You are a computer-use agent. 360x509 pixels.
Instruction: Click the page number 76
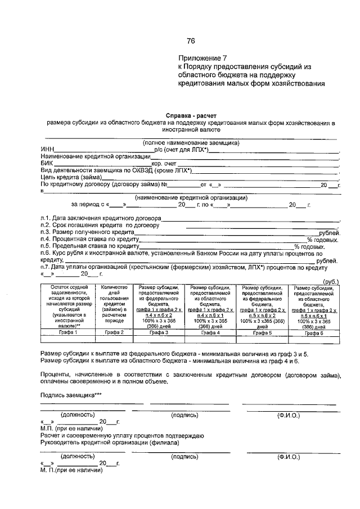(x=190, y=40)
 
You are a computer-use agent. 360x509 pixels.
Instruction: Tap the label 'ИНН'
(x=47, y=150)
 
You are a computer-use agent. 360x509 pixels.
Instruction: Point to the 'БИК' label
(x=47, y=163)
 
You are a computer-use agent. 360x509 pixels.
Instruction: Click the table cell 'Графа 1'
(x=67, y=333)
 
